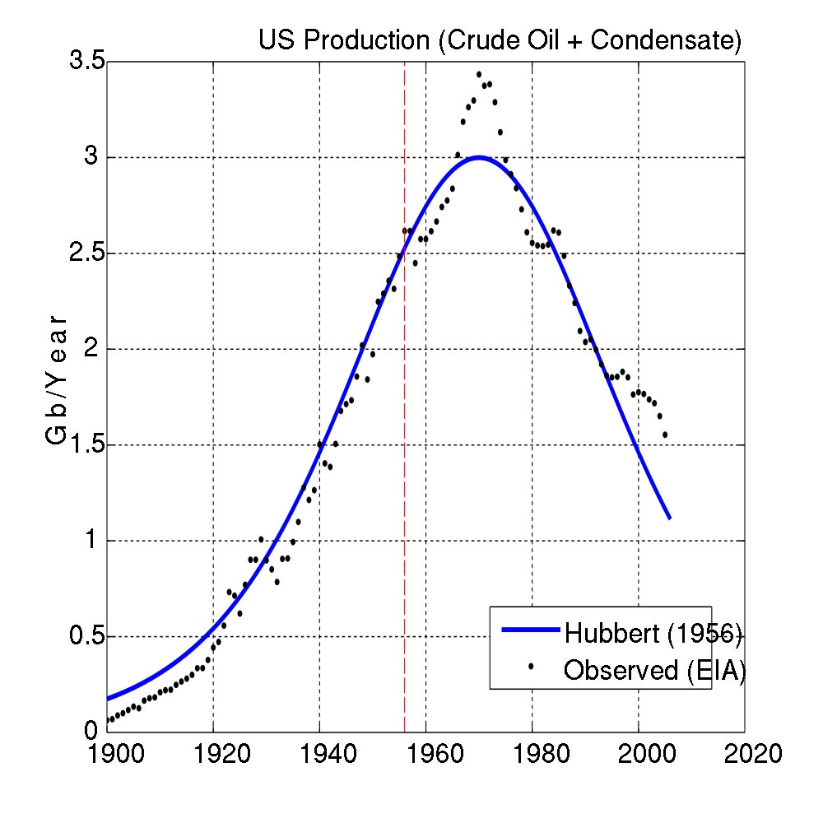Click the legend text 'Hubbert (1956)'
[653, 633]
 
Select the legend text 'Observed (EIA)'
[654, 671]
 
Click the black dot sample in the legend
[531, 665]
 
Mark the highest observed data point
[478, 74]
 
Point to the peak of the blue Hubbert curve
[478, 157]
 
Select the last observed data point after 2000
[664, 435]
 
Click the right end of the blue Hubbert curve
[670, 518]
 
